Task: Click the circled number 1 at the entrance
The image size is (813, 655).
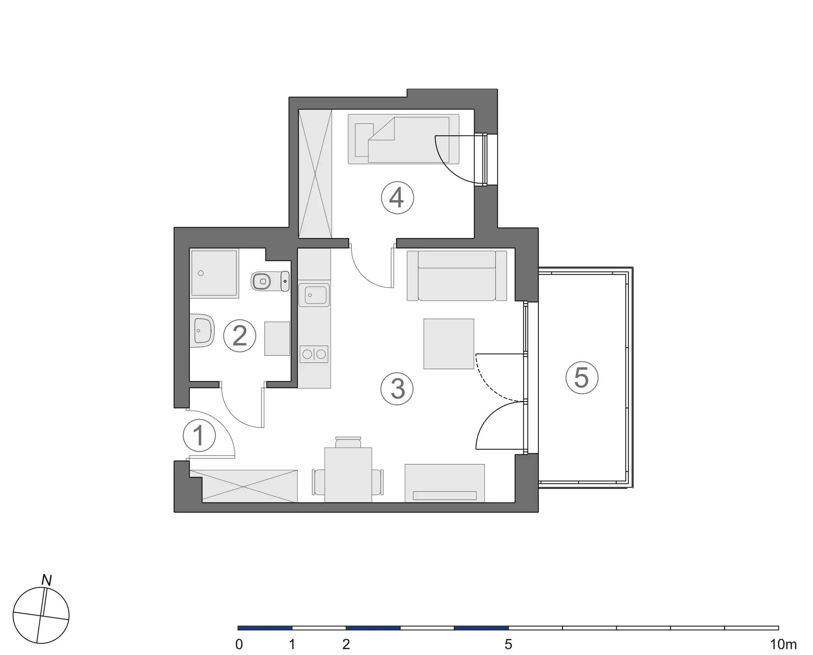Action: tap(199, 435)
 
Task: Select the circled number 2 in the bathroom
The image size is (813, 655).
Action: tap(239, 336)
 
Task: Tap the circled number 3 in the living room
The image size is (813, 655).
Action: tap(397, 389)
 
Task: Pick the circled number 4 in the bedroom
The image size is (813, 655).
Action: tap(397, 198)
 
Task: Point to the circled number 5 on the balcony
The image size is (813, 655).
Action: tap(582, 378)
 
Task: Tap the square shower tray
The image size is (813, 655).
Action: tap(214, 273)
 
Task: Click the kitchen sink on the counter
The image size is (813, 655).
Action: tap(314, 295)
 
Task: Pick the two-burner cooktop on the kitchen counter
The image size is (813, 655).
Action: tap(314, 354)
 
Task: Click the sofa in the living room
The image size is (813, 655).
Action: tap(457, 276)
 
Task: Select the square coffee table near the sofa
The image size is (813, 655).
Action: tap(449, 344)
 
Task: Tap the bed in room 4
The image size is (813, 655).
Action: tap(403, 139)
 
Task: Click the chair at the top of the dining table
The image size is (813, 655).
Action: tap(348, 442)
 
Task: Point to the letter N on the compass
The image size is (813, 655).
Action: tap(46, 580)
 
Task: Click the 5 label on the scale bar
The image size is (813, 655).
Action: tap(508, 645)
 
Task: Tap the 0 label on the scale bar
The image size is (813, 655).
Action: tap(239, 645)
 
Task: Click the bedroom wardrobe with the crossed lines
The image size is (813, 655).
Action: tap(315, 174)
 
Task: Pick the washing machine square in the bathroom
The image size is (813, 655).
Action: tap(277, 339)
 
